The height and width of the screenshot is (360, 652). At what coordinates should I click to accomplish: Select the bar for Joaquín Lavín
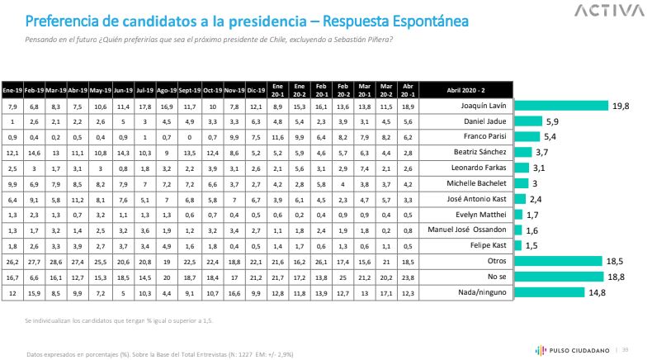coord(561,107)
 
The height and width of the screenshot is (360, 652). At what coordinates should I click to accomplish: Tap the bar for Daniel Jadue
coord(530,121)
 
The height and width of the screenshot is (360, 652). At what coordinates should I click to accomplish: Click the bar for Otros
coord(559,260)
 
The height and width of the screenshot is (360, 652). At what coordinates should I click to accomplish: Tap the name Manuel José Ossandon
coord(476,230)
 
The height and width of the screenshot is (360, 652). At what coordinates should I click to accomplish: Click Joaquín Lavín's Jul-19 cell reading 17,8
coord(144,107)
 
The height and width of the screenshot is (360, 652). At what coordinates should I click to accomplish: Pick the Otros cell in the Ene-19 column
coord(11,260)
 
